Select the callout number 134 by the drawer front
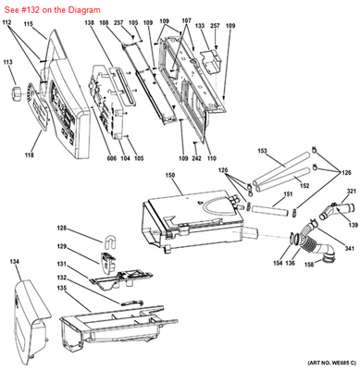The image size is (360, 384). click(x=14, y=263)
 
